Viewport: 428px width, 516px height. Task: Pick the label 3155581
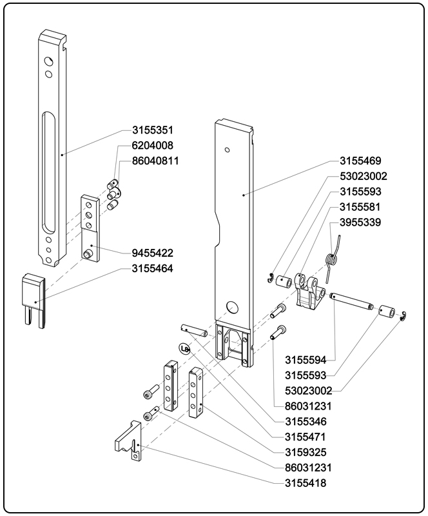(x=363, y=207)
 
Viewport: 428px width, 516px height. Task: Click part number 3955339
(x=363, y=223)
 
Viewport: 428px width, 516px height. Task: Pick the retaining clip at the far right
(x=401, y=317)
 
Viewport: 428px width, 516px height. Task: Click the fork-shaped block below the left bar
(x=34, y=299)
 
